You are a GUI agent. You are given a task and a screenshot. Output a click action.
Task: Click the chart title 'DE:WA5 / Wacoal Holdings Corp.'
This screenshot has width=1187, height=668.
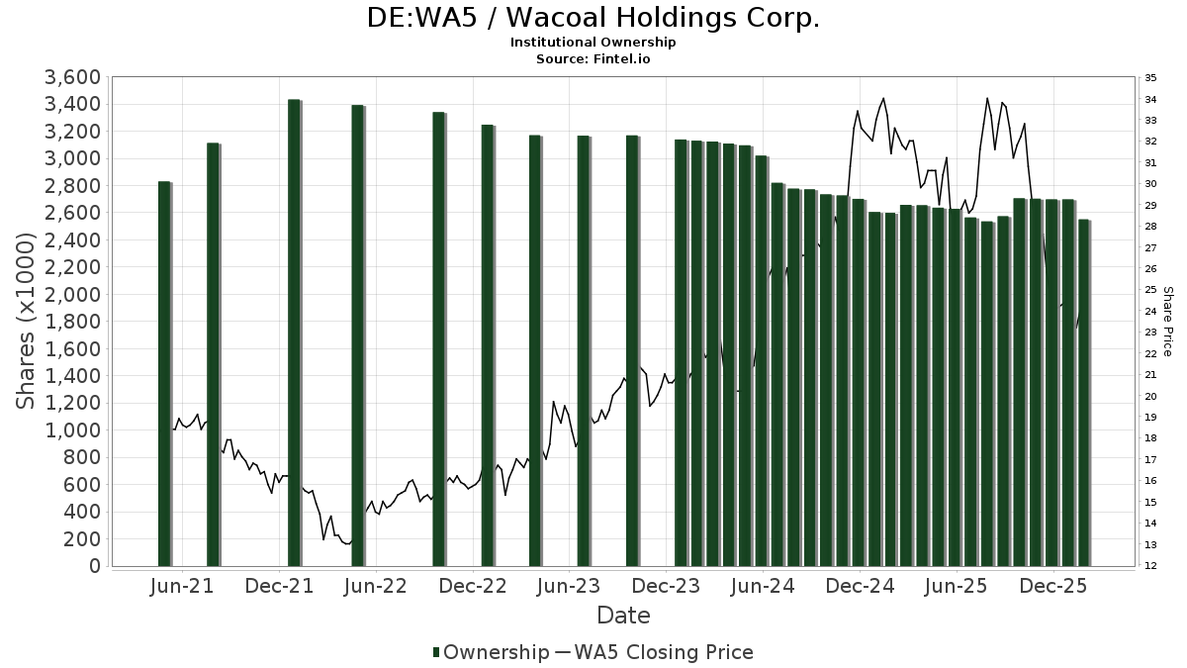(593, 18)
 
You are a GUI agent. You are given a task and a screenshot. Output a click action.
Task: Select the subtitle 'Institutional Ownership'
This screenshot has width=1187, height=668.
(593, 43)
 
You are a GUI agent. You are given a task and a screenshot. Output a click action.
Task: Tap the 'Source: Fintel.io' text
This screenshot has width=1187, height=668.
(593, 58)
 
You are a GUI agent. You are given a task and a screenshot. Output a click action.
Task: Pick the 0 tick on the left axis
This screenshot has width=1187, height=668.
(95, 566)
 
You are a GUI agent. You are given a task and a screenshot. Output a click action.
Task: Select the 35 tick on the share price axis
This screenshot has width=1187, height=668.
(1150, 77)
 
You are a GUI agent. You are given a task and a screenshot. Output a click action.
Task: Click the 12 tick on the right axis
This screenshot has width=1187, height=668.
(1150, 566)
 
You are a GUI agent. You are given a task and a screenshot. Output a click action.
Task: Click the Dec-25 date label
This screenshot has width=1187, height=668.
(1054, 586)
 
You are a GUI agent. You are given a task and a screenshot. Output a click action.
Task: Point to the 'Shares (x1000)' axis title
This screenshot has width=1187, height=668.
(27, 322)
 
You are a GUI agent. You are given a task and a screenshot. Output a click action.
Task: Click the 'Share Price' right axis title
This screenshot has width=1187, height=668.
(1167, 322)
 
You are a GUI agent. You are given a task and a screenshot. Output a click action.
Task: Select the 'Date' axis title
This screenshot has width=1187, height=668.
(623, 616)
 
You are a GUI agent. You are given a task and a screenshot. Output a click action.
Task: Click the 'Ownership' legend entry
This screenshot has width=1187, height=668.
(492, 652)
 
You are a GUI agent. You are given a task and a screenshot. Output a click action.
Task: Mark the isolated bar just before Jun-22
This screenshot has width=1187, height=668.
(358, 335)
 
